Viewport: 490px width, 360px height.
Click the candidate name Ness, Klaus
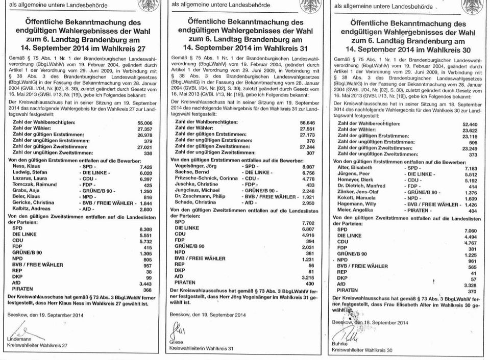tap(28, 166)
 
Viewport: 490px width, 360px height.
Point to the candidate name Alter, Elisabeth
tap(356, 168)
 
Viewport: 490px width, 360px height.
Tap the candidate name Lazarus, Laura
tap(30, 179)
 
